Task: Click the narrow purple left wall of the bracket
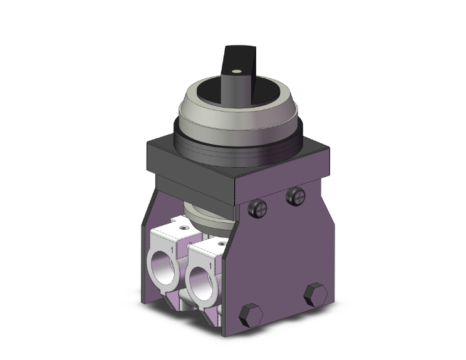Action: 145,263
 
